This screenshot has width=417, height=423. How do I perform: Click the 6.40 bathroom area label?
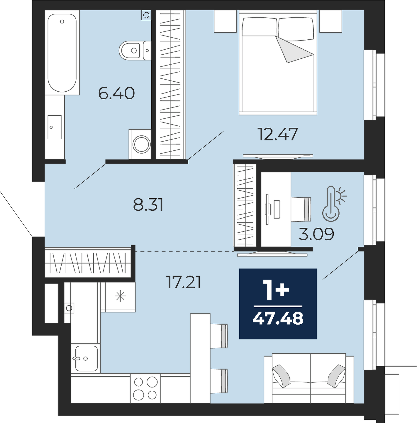coord(116,93)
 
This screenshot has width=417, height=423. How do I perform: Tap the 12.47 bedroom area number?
coord(278,134)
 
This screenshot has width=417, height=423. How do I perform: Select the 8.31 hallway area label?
coord(148,205)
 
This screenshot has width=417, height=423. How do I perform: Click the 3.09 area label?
coord(316,234)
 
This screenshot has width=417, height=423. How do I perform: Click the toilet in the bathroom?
coord(135,51)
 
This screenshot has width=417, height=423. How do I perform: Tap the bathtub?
coord(62,53)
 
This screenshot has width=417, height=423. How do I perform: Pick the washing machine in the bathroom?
coord(140,144)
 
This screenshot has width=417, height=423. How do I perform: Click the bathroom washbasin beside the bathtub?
coord(55,127)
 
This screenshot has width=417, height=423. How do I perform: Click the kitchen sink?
coord(87,358)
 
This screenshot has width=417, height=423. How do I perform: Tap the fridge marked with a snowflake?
coord(120,297)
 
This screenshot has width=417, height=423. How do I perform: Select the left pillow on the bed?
coord(259,27)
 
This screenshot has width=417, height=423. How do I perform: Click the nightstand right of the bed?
coord(330,21)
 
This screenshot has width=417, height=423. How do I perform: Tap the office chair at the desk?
coord(301,209)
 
